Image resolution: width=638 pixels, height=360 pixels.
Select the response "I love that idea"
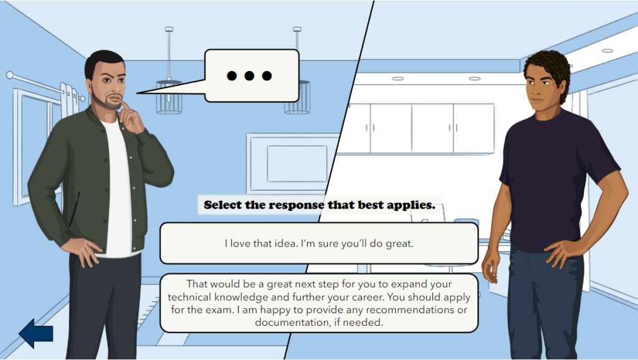click(319, 244)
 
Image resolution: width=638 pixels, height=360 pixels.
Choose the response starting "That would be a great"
click(319, 303)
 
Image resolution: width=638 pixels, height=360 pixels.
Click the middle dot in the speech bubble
click(249, 75)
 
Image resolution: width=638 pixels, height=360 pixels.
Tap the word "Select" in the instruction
click(223, 205)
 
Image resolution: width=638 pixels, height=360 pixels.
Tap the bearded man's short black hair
click(103, 61)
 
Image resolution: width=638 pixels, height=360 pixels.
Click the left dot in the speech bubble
click(232, 75)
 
